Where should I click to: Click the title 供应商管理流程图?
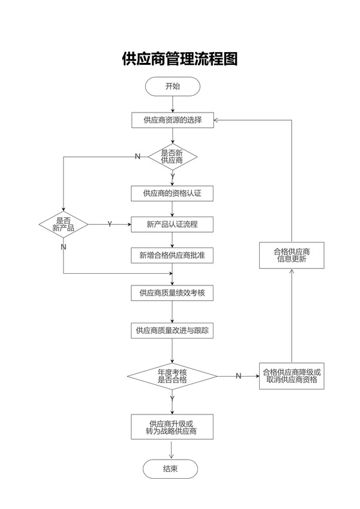tap(180, 60)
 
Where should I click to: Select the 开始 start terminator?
tap(172, 87)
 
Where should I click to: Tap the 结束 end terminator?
tap(170, 469)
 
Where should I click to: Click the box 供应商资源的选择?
tap(172, 120)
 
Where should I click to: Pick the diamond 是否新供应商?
tap(172, 156)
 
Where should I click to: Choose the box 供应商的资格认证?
tap(172, 193)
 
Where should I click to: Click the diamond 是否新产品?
tap(63, 224)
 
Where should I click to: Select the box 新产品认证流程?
tap(172, 224)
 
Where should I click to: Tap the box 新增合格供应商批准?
tap(172, 256)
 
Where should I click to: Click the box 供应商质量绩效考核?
tap(172, 293)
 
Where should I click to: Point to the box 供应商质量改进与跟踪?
tap(172, 330)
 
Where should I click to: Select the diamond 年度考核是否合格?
tap(172, 376)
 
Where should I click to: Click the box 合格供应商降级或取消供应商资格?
tap(291, 376)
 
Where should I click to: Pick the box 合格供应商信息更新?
tap(291, 255)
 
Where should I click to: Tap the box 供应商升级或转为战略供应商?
tap(172, 427)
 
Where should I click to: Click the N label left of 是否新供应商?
tap(137, 157)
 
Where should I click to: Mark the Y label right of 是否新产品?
tap(109, 224)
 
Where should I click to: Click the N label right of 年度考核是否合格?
tap(238, 376)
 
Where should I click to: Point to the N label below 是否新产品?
tap(63, 247)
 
